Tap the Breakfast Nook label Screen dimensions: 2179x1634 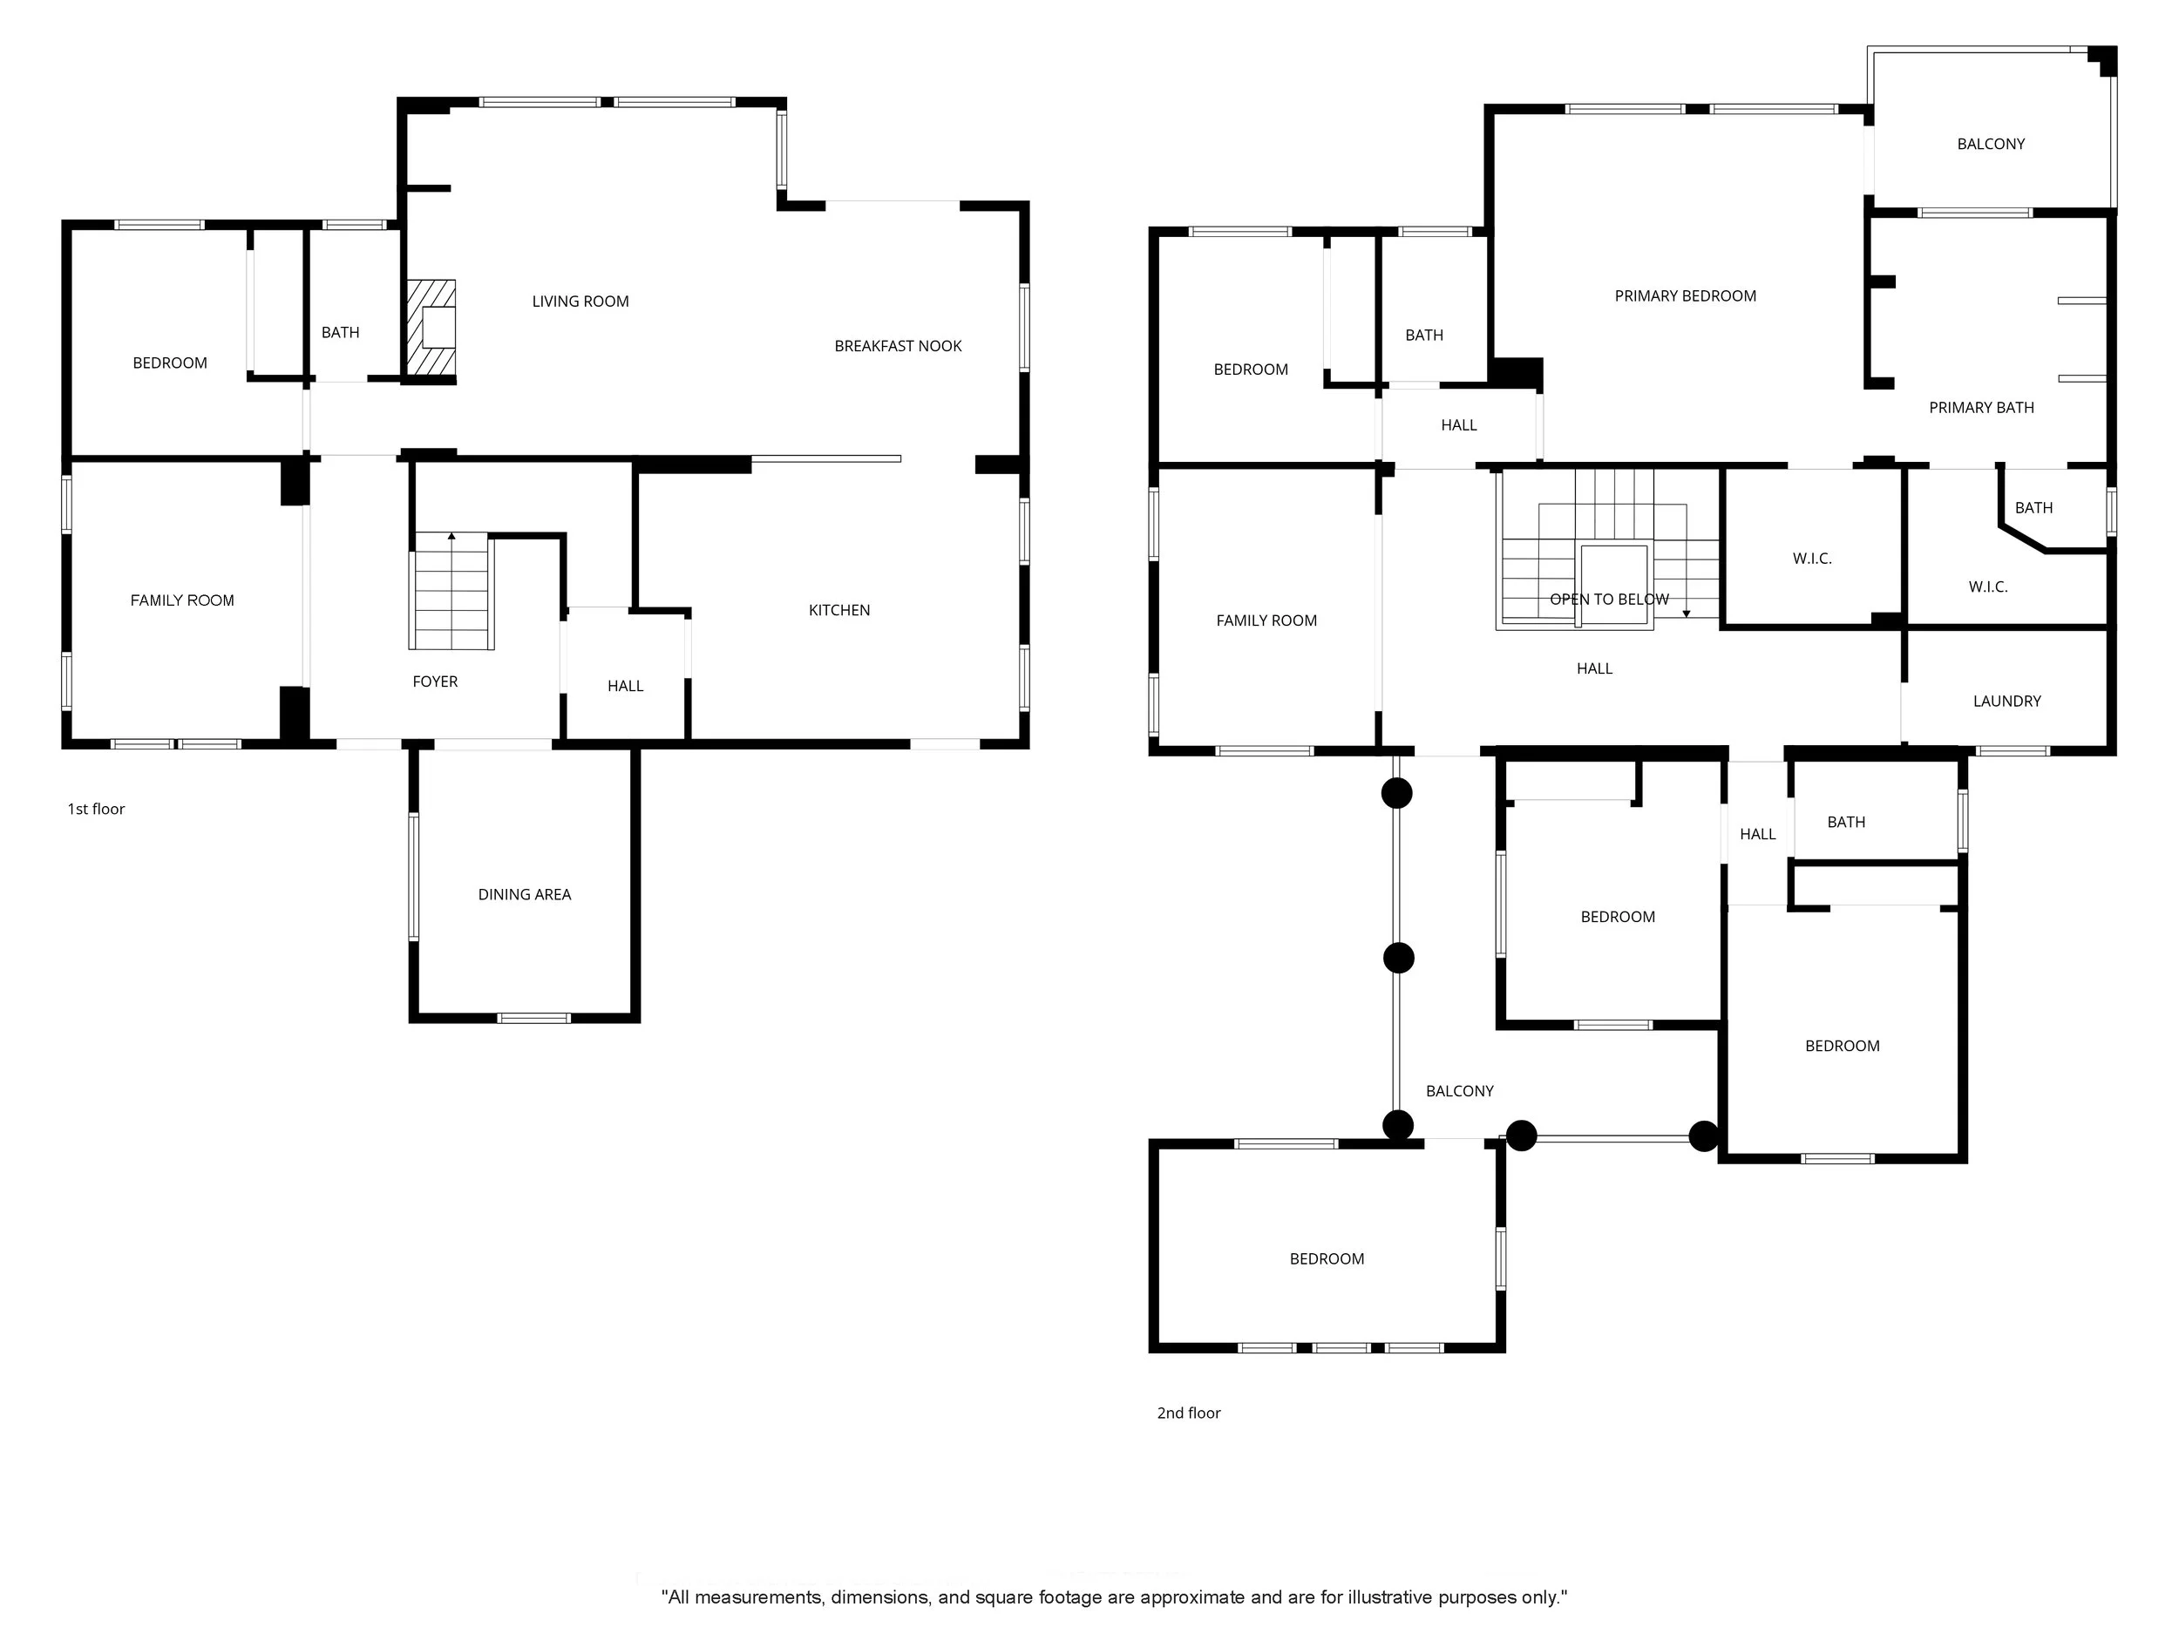tap(898, 346)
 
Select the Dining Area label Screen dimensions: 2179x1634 tap(524, 894)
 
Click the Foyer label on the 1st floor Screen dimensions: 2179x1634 tap(434, 681)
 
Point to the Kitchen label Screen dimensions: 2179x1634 tap(839, 611)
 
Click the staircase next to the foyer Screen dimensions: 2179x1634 tap(452, 591)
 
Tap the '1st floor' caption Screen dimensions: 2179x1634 tap(96, 809)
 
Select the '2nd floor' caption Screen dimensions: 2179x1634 tap(1188, 1413)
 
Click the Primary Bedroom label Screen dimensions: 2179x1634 tap(1685, 295)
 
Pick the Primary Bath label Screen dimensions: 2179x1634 tap(1981, 408)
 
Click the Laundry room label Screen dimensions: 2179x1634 tap(2006, 702)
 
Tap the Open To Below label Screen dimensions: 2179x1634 tap(1609, 599)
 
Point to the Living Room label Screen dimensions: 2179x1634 tap(580, 302)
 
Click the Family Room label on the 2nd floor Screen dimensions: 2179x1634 tap(1266, 620)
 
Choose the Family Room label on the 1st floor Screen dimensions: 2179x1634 tap(182, 600)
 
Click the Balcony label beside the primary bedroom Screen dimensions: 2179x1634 tap(1990, 144)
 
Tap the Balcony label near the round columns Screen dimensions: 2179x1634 tap(1459, 1090)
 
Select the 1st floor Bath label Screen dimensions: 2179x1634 tap(340, 333)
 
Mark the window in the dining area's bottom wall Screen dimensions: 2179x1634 tap(533, 1017)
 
